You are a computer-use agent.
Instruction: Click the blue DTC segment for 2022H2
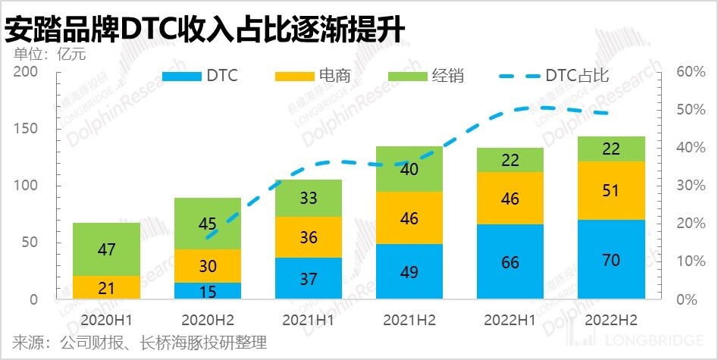pos(611,259)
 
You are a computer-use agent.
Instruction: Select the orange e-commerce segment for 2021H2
pos(409,218)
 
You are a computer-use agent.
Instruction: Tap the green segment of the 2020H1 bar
pos(106,249)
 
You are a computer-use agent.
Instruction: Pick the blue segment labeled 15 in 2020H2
pos(207,291)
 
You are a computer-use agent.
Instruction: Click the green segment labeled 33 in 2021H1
pos(308,198)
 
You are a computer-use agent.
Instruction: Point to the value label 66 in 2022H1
pos(510,264)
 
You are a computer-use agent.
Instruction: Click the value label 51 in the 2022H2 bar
pos(611,191)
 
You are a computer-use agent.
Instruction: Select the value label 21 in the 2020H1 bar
pos(106,288)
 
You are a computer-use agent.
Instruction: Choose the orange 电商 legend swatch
pos(294,76)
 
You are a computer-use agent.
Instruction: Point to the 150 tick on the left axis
pos(27,129)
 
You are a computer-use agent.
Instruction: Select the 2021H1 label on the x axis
pos(308,320)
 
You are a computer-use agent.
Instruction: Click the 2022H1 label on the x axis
pos(510,320)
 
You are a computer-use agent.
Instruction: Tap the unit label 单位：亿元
pos(50,54)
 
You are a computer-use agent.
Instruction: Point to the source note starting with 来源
pos(136,343)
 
